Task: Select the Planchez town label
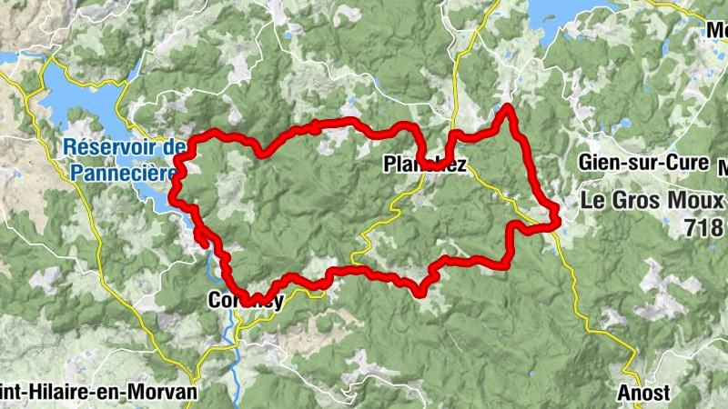pos(425,165)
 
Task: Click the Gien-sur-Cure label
pos(642,164)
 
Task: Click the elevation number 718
pos(705,227)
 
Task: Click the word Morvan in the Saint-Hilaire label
pos(162,392)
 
